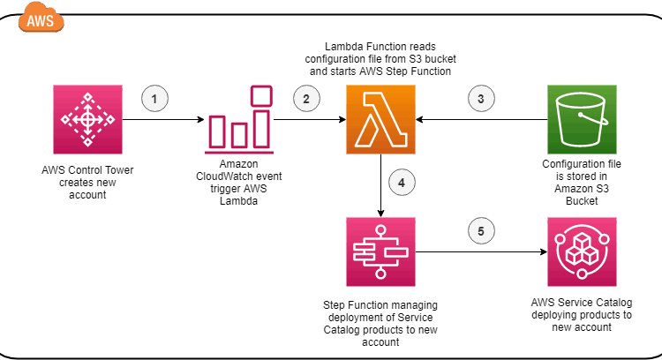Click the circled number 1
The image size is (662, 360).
pos(154,99)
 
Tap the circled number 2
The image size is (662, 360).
pos(306,99)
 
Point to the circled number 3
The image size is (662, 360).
pos(481,99)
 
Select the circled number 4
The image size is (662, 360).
pos(402,183)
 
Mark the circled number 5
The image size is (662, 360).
pos(481,233)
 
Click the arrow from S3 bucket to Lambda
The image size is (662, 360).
pos(481,117)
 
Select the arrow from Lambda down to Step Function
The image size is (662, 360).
pos(380,185)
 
